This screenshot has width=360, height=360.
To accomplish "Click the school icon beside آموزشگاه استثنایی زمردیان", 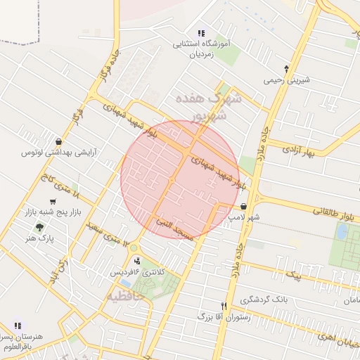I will pyautogui.click(x=201, y=32).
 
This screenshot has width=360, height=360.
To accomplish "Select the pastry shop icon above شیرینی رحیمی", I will pyautogui.click(x=286, y=69).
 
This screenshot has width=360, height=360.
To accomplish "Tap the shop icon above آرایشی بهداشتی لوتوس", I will pyautogui.click(x=57, y=141).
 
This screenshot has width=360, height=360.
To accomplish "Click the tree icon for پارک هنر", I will pyautogui.click(x=39, y=226).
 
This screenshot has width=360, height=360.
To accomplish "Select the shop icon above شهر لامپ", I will pyautogui.click(x=243, y=207).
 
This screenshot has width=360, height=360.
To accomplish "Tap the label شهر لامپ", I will pyautogui.click(x=244, y=218).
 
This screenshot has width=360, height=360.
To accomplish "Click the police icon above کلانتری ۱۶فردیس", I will pyautogui.click(x=136, y=260).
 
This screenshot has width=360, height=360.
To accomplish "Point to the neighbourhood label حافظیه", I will pyautogui.click(x=125, y=297).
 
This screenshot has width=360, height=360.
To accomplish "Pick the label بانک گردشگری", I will pyautogui.click(x=264, y=299).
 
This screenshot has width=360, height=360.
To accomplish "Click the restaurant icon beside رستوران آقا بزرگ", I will pyautogui.click(x=224, y=307).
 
